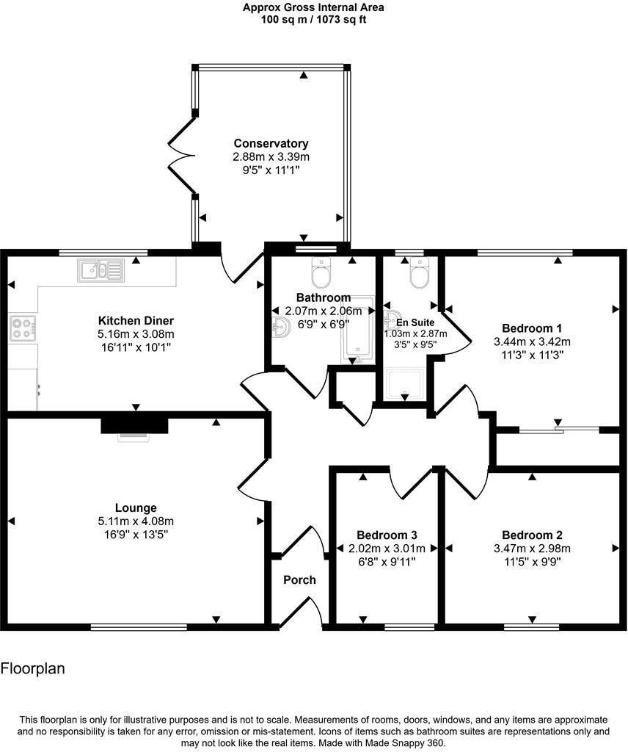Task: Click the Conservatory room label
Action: click(x=271, y=143)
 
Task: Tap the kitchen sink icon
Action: click(x=101, y=271)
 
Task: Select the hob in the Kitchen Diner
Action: click(x=23, y=328)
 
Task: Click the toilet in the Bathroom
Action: click(x=322, y=275)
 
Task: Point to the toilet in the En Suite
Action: click(x=419, y=275)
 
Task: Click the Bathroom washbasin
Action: click(x=280, y=328)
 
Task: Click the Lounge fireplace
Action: click(x=134, y=426)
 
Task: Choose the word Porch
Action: click(x=299, y=580)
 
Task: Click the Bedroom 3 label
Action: click(x=387, y=535)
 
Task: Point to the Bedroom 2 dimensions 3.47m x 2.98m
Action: click(x=532, y=548)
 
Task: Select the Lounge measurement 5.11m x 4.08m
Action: click(x=136, y=521)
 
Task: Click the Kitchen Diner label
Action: click(x=136, y=321)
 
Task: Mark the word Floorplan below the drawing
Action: click(x=33, y=669)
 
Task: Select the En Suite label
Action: click(x=416, y=322)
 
